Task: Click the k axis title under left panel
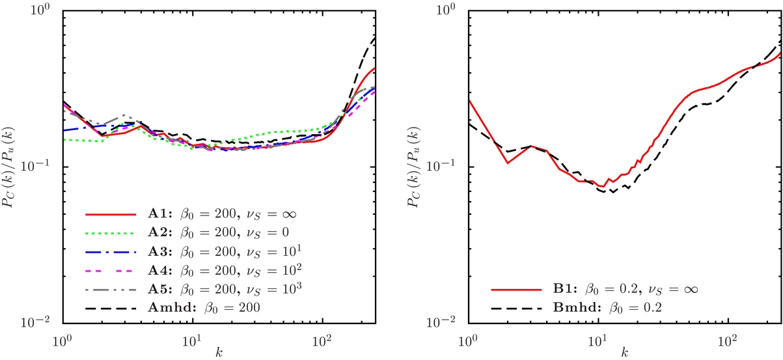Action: click(219, 352)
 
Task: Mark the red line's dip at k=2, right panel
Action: click(507, 163)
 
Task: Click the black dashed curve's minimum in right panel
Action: click(612, 193)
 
